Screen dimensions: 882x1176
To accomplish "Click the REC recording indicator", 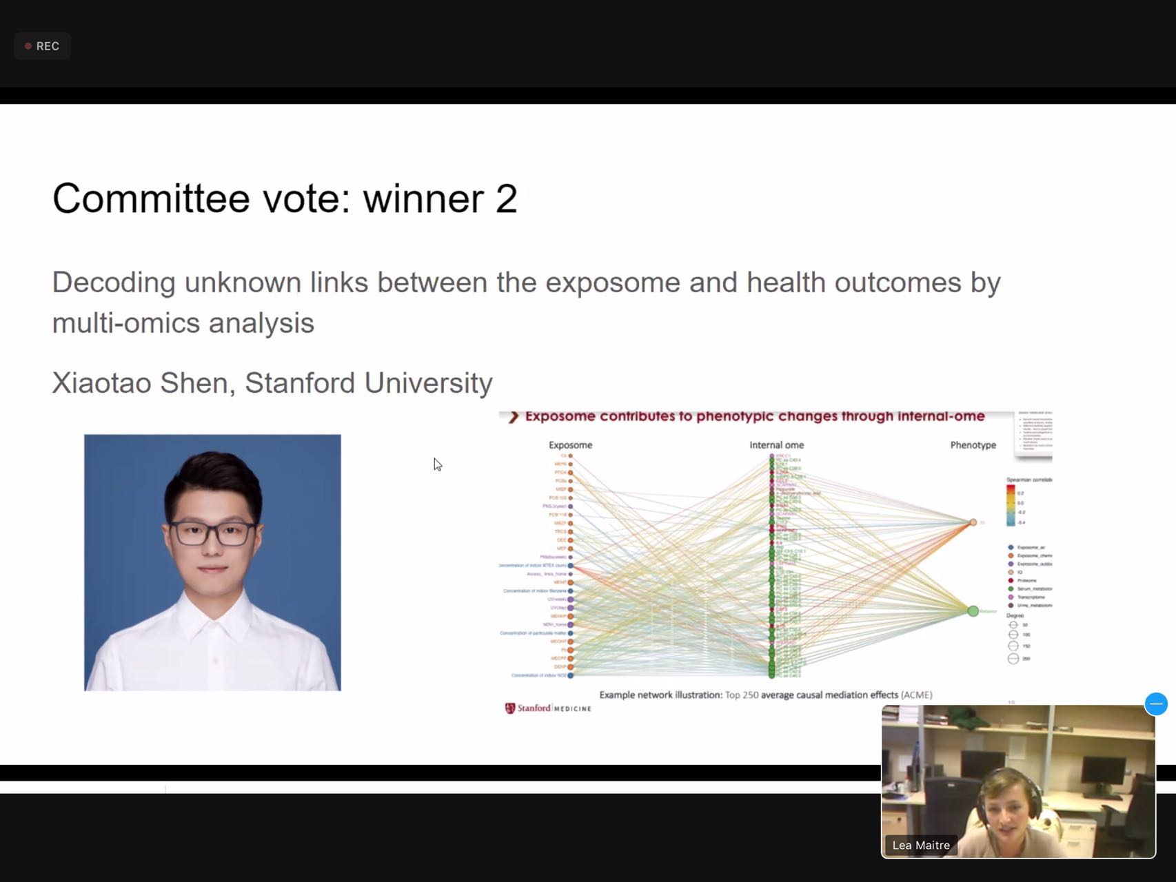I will point(42,46).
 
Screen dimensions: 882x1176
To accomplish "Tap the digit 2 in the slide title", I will point(506,199).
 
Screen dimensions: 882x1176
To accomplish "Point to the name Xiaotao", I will point(101,383).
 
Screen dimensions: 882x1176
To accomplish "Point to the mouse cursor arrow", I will point(437,464).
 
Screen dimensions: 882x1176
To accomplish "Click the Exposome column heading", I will point(570,445).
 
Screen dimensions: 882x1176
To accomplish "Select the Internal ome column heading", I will point(776,445).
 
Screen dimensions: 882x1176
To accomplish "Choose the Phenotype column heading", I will point(973,445).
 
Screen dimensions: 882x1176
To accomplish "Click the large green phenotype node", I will point(973,611).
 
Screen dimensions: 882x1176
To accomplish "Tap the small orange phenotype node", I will point(973,522).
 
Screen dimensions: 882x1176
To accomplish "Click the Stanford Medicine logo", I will point(548,708).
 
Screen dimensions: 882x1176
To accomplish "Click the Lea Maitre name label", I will point(920,845).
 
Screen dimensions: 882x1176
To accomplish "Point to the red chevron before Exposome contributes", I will point(513,417).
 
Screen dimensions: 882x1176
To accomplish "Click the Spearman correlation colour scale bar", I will point(1011,505).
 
